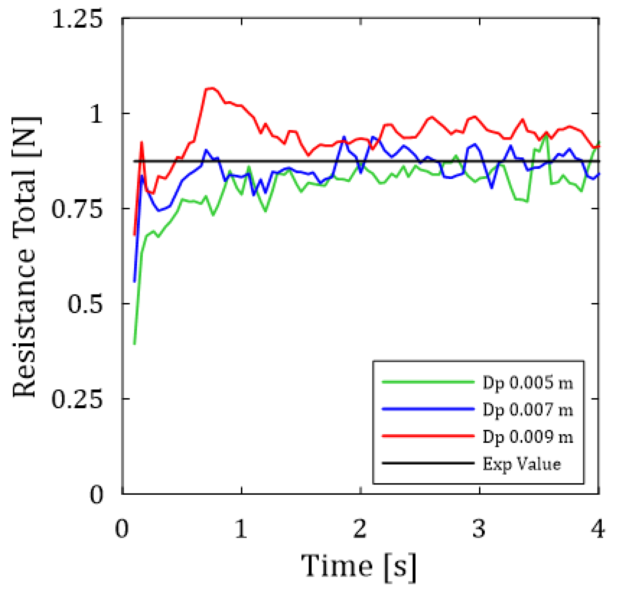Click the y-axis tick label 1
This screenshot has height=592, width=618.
tap(96, 114)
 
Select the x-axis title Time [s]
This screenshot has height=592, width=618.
tap(359, 566)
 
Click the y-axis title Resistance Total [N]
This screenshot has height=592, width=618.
tap(25, 257)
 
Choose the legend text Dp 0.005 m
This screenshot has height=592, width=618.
tap(528, 383)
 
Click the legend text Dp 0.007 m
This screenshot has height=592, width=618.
tap(528, 410)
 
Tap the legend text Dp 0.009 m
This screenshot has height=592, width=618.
tap(528, 436)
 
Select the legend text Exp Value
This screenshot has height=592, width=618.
tap(522, 464)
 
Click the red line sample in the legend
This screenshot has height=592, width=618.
tap(428, 436)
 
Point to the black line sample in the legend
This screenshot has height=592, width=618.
tap(428, 463)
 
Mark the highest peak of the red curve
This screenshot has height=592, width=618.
tap(210, 88)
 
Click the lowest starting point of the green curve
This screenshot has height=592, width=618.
tap(135, 343)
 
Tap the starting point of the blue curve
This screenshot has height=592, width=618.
tap(135, 281)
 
